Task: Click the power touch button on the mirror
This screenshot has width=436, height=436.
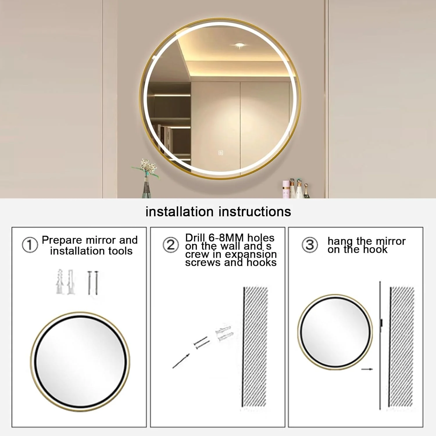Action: coord(221,153)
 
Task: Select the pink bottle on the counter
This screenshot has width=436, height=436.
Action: coord(286,189)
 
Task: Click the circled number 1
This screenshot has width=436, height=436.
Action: coord(30,245)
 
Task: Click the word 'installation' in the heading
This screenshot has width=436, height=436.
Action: coord(180,212)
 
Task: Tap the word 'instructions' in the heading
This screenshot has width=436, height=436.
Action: coord(255,212)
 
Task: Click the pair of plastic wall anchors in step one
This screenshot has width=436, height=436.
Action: coord(65,282)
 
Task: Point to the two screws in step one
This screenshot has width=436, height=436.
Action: coord(93,283)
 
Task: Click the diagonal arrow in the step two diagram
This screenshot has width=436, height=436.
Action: coord(181,361)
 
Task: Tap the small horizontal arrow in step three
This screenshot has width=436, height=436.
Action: coord(367,369)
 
